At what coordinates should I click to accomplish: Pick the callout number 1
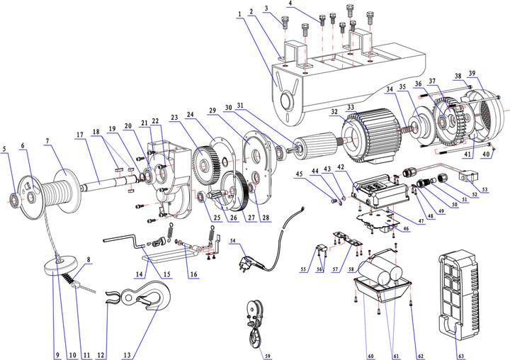240,13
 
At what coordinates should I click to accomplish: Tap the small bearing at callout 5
12,198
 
